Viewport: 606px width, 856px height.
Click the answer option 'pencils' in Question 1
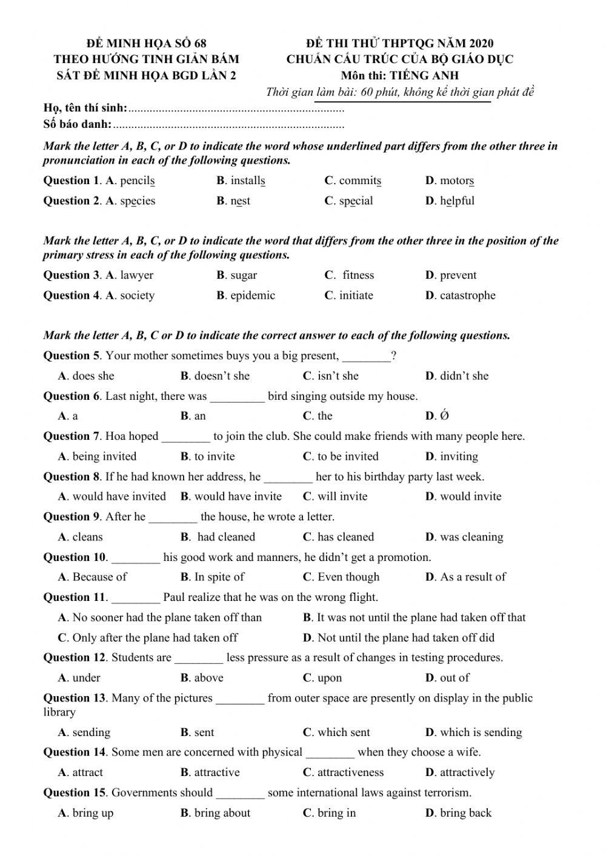coord(137,181)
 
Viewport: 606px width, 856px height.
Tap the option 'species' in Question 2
coord(137,201)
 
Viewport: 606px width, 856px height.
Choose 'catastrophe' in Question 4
coord(467,296)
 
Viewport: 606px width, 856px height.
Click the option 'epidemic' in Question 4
coord(252,296)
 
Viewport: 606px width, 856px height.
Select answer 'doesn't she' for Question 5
coord(221,376)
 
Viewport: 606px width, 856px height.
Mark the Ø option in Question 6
coord(444,416)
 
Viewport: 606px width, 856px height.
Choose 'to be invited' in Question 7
coord(347,457)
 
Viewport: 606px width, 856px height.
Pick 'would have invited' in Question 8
coord(119,497)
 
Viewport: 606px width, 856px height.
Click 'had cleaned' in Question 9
coord(225,537)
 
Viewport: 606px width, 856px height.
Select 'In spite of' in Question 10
coord(219,577)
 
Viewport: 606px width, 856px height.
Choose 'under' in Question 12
coord(86,678)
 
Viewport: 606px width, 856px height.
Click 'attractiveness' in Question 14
coord(350,773)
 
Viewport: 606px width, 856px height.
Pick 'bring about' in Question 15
coord(222,813)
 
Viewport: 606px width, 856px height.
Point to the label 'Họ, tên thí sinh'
coord(85,108)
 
